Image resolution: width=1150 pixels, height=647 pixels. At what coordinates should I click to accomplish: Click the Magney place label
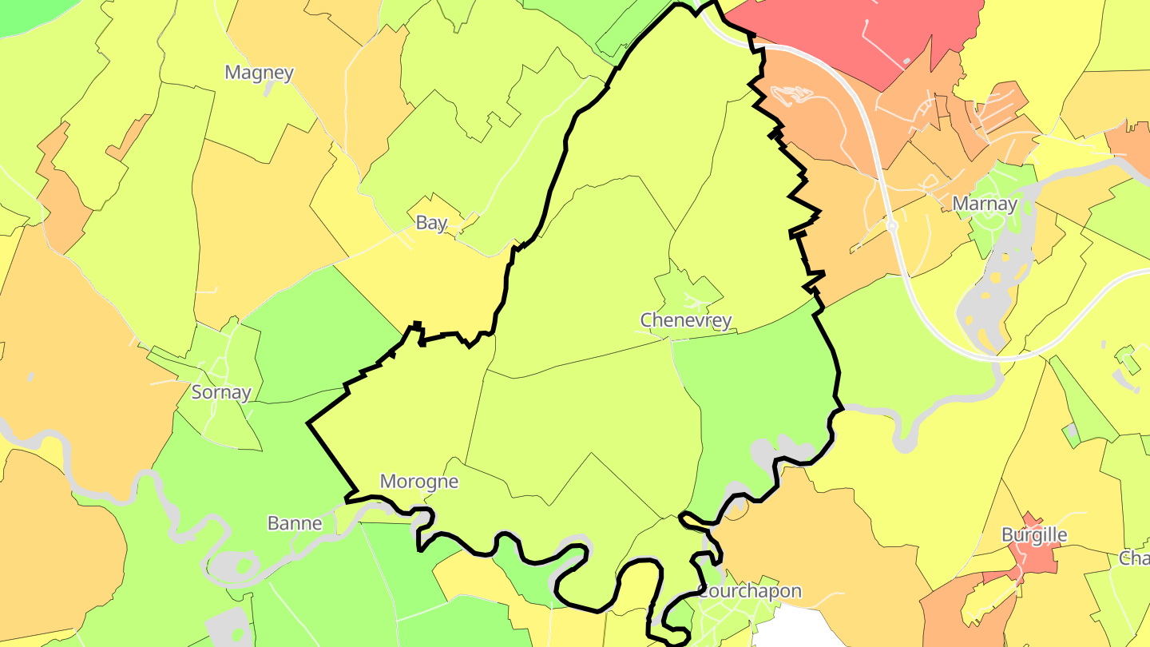[259, 73]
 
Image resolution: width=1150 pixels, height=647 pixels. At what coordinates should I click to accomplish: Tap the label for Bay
[431, 223]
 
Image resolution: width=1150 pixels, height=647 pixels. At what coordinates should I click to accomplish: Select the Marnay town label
[985, 204]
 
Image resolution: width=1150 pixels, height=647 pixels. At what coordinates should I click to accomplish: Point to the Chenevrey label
[686, 320]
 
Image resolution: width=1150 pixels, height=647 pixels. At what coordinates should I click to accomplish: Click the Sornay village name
[221, 392]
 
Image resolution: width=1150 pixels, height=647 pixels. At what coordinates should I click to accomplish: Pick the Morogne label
[419, 482]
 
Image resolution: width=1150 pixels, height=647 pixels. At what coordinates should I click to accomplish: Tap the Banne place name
[295, 524]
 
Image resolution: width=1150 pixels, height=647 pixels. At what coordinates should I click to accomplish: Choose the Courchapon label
[750, 592]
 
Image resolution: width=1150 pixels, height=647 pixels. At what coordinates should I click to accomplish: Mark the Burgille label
[1034, 534]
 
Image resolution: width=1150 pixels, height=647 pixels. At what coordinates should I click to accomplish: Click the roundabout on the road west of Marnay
[892, 227]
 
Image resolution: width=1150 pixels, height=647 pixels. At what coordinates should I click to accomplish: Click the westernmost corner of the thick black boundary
[308, 423]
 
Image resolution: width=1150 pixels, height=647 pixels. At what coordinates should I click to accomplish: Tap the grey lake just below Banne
[232, 567]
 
